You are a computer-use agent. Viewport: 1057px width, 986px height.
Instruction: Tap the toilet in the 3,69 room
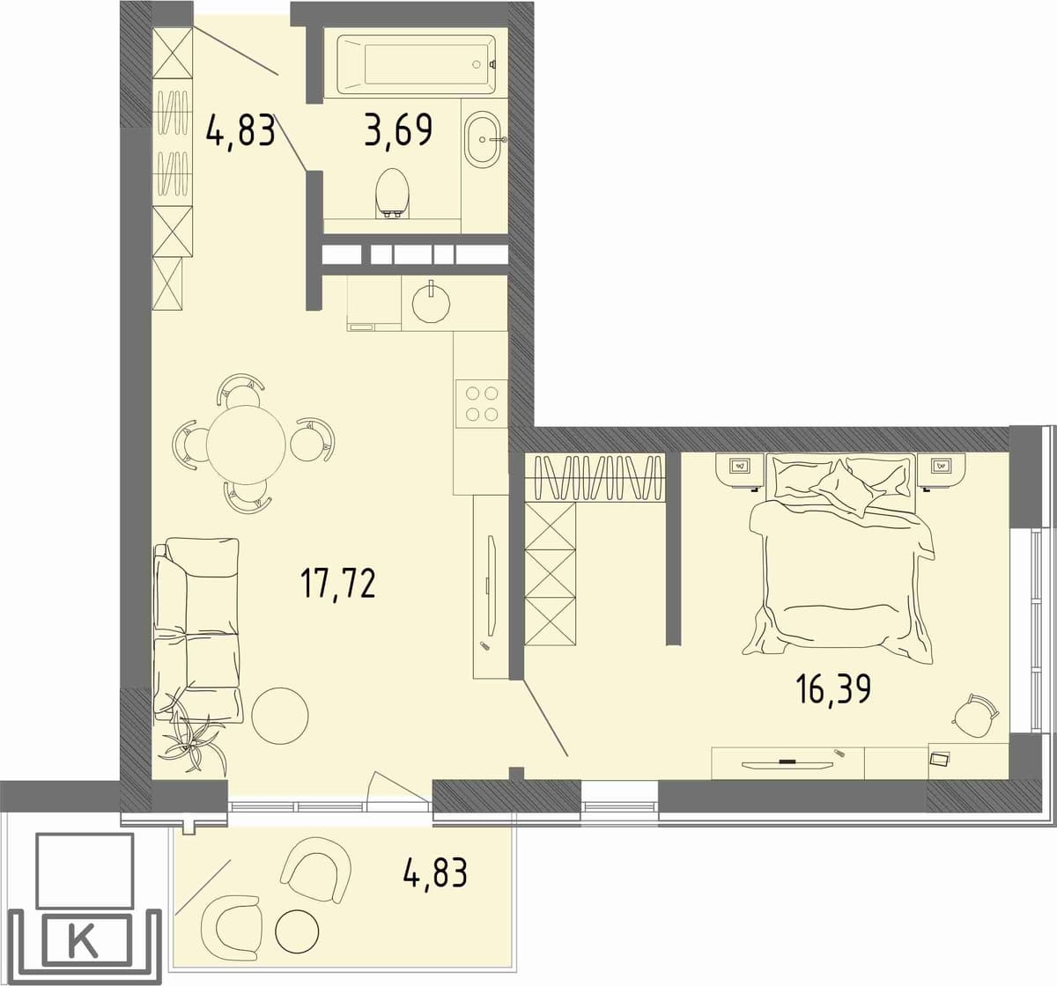click(393, 193)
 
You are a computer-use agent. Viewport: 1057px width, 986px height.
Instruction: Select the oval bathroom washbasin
click(482, 139)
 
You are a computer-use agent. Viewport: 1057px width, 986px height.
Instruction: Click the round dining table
click(246, 445)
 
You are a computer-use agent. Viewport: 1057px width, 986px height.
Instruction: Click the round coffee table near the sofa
click(280, 716)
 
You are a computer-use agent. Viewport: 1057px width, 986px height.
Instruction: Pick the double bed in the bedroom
click(841, 559)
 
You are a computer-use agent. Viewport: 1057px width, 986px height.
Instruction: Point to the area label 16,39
click(833, 689)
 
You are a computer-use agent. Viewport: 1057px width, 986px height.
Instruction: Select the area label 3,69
click(399, 129)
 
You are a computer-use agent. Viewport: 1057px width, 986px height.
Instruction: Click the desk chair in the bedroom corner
click(975, 715)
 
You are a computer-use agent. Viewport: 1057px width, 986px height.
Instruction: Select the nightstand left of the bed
click(740, 470)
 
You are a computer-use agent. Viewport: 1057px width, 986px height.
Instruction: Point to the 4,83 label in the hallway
click(240, 131)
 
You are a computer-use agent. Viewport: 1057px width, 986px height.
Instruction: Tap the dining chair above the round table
click(240, 391)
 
